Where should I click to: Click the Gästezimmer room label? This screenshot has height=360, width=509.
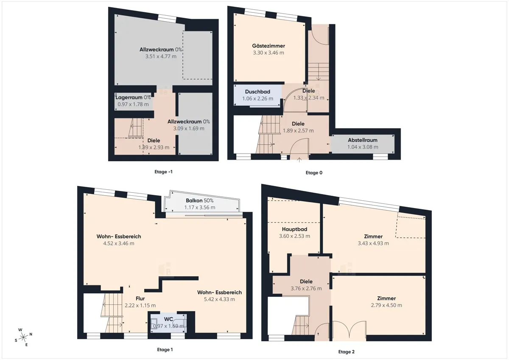[x=268, y=46]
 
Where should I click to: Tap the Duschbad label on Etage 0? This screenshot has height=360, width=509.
[x=257, y=92]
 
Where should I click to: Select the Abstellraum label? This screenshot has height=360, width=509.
[x=362, y=140]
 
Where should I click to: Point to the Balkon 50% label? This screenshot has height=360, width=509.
[x=199, y=200]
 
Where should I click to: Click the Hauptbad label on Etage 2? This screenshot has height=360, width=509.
[x=294, y=229]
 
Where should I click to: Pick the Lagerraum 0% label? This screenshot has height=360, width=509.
[x=133, y=98]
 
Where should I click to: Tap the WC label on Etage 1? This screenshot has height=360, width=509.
[x=168, y=319]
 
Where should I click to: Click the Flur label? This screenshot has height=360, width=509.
[x=140, y=298]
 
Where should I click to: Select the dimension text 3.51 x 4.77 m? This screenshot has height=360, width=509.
[x=161, y=56]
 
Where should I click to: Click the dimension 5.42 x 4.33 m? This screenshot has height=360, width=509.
[x=219, y=299]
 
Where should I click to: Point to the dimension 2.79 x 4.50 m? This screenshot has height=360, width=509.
[x=386, y=305]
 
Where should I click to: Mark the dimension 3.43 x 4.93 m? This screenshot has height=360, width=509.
[x=373, y=243]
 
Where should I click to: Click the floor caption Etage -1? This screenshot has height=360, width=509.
[x=163, y=172]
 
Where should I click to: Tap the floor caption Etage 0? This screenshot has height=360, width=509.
[x=314, y=173]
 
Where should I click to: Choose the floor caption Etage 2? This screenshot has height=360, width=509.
[x=346, y=352]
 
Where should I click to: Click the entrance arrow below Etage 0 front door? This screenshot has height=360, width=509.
[x=299, y=160]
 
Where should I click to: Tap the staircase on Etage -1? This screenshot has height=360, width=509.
[x=135, y=128]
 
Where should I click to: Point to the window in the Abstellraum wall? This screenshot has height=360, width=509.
[x=380, y=157]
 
